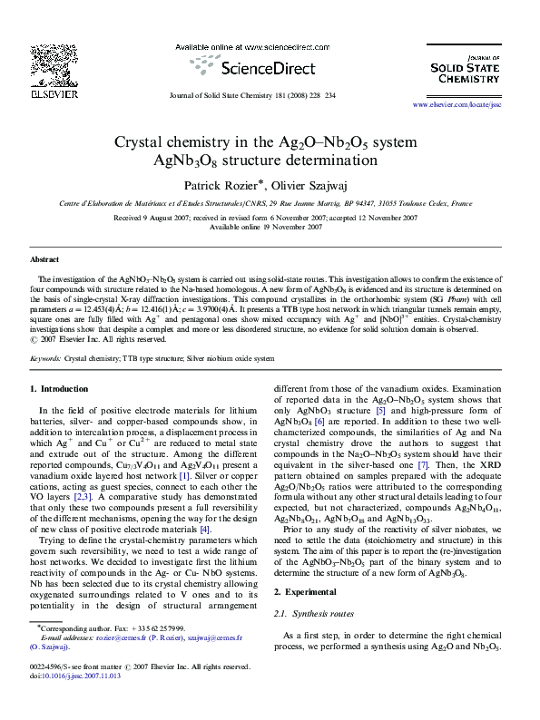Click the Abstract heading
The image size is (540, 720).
(x=44, y=259)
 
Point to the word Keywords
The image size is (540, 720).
(x=44, y=358)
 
